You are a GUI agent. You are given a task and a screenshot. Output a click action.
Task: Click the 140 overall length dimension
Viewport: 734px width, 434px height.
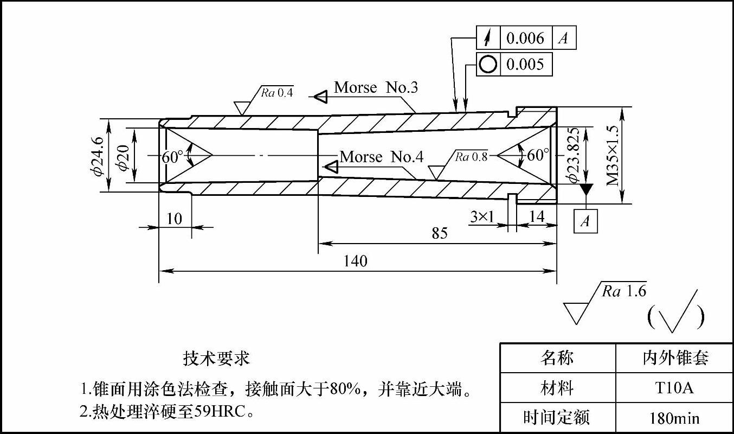point(355,261)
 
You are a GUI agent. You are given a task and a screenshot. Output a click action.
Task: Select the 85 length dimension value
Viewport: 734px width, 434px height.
point(440,233)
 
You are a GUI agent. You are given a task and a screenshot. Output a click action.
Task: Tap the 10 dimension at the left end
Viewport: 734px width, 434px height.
point(174,219)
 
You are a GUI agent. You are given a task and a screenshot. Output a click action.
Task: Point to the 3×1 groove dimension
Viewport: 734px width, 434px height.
point(482,217)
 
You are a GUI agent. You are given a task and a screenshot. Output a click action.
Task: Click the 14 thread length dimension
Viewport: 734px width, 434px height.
point(536,217)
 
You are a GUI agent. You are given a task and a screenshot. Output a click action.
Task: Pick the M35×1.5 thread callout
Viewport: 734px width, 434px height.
point(613,156)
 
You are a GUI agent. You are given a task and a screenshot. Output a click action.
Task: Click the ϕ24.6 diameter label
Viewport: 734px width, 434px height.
point(98,156)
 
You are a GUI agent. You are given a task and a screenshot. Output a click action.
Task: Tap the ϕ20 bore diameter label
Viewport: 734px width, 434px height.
point(123,156)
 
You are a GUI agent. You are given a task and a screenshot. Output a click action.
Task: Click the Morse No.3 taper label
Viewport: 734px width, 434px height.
point(376,87)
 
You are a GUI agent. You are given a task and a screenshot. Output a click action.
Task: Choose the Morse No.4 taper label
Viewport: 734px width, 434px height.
point(381,157)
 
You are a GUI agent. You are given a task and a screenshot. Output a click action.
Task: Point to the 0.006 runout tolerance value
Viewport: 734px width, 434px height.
point(525,38)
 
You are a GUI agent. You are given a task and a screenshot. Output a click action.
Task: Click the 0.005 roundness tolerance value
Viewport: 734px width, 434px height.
point(525,65)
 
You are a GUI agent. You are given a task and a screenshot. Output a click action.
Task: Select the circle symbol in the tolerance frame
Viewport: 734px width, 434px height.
point(488,65)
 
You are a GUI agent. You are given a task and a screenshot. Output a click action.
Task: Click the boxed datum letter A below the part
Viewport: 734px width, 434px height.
point(585,221)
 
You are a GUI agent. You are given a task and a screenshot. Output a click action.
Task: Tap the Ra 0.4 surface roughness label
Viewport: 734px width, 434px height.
point(276,92)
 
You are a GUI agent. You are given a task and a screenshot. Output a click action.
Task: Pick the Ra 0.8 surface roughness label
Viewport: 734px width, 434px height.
point(471,157)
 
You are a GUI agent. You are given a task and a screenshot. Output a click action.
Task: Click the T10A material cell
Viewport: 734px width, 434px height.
point(674,388)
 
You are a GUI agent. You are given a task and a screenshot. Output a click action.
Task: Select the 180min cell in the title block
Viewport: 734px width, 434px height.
point(674,418)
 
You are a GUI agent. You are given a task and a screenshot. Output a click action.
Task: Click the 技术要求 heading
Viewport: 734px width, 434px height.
point(216,359)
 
